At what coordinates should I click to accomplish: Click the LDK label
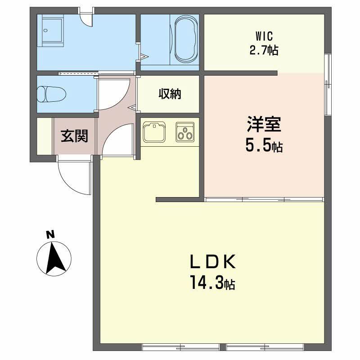pos(212,262)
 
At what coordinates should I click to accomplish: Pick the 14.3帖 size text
pos(212,283)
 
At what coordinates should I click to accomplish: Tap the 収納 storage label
pos(170,94)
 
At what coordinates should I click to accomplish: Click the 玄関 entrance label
pos(75,135)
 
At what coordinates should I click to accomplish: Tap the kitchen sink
pos(154,132)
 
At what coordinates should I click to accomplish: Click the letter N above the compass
pos(51,234)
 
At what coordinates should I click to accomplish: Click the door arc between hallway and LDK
pos(117,139)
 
